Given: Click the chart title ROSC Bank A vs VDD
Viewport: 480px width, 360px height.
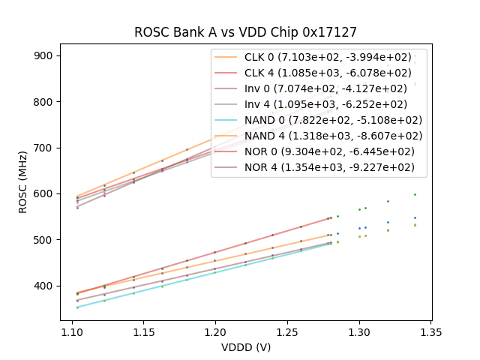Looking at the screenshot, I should click(x=245, y=32).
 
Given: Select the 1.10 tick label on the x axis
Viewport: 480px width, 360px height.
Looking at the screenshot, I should click(x=72, y=331).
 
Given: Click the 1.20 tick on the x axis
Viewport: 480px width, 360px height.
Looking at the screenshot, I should click(x=215, y=331).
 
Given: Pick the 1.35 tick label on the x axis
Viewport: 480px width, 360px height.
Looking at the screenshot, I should click(x=430, y=331).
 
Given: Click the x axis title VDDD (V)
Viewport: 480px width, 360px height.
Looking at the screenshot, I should click(x=245, y=346).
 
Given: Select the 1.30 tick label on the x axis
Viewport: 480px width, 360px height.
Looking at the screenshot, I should click(x=359, y=331).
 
